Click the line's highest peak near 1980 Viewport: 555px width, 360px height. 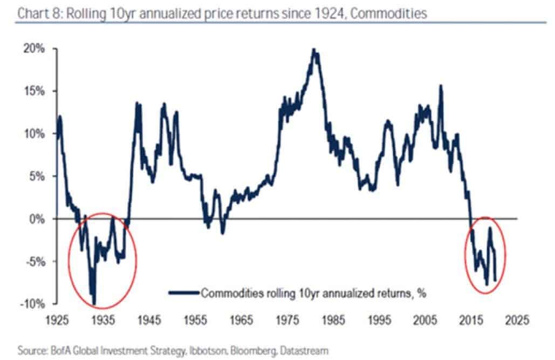click(313, 50)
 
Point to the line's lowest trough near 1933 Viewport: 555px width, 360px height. click(94, 304)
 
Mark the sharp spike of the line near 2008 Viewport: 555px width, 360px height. click(441, 86)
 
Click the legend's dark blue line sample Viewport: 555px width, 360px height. click(183, 293)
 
